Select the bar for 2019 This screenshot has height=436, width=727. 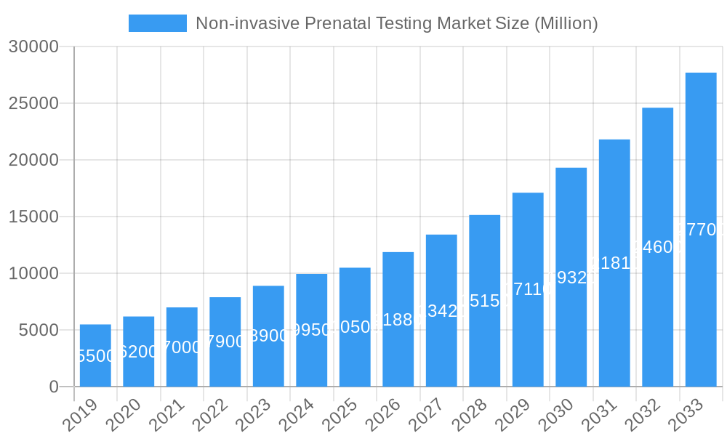click(95, 355)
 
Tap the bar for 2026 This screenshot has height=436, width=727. click(398, 319)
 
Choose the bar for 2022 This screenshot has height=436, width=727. click(225, 342)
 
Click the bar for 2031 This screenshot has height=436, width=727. click(614, 262)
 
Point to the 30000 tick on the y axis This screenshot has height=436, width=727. click(33, 47)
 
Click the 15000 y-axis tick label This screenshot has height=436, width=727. click(33, 217)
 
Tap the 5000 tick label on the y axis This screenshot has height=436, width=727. click(39, 330)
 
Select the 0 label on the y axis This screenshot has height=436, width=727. click(54, 387)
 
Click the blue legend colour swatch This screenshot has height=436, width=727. click(157, 23)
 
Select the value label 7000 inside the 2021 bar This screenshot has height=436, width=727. click(182, 347)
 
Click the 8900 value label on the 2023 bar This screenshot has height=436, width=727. click(268, 336)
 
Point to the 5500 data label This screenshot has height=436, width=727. click(95, 356)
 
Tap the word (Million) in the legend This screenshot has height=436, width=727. click(566, 23)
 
